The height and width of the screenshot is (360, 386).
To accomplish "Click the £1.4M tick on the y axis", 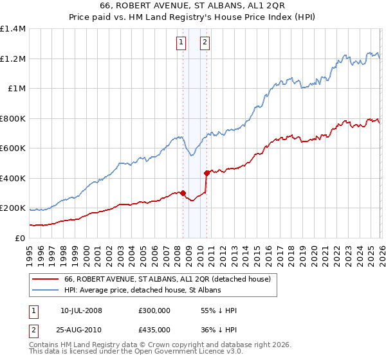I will (x=13, y=29).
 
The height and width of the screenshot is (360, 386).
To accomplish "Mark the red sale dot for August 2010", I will (x=207, y=173).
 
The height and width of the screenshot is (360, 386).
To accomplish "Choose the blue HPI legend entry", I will (x=142, y=291).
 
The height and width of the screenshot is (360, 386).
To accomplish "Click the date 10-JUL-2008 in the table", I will (x=80, y=310).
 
